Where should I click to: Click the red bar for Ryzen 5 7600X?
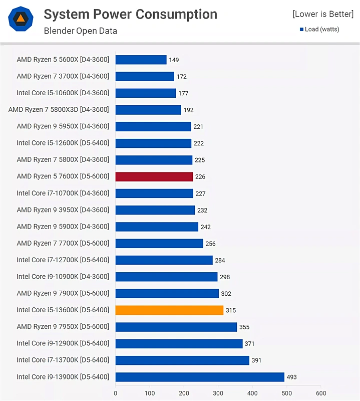click(154, 176)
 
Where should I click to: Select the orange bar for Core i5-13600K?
click(169, 310)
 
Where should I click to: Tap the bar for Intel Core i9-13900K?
click(200, 377)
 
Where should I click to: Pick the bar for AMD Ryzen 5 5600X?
click(141, 60)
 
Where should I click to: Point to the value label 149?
click(174, 60)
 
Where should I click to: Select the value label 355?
click(244, 327)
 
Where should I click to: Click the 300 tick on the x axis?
click(218, 393)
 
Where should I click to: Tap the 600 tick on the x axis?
click(321, 393)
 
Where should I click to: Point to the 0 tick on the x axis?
click(116, 393)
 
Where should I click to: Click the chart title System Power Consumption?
click(130, 14)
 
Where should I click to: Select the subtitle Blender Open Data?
click(81, 31)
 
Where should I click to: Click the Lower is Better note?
click(322, 14)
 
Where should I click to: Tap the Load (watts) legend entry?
click(319, 29)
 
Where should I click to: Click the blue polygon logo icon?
click(21, 20)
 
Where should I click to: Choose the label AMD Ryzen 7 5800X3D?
click(59, 110)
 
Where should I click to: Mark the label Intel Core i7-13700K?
click(63, 360)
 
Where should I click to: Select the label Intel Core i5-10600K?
click(63, 93)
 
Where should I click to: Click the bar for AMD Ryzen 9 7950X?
click(176, 327)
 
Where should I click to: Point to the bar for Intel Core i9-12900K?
click(179, 343)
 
